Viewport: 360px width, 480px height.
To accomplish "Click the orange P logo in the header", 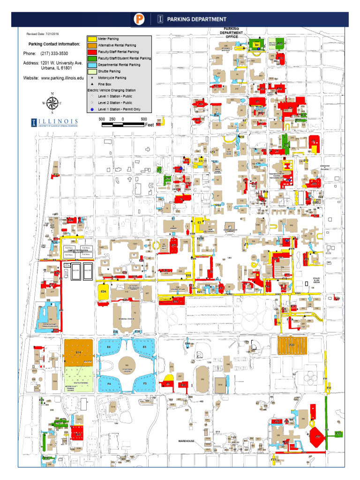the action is tap(140, 19).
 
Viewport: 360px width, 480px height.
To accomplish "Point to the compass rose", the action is tap(52, 103).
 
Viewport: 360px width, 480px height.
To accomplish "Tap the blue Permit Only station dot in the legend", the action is tap(92, 109).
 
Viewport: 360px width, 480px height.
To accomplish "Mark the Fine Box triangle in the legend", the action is tap(92, 83).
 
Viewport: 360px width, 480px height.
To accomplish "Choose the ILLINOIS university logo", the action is tap(55, 123).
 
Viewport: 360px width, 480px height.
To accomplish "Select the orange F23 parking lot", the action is tap(292, 345).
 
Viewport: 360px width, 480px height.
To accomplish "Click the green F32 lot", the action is tap(338, 434).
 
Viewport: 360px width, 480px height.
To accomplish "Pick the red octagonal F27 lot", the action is tap(317, 435).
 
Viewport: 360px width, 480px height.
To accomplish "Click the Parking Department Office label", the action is tap(232, 33).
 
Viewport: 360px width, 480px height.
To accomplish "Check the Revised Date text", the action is tap(43, 34).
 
